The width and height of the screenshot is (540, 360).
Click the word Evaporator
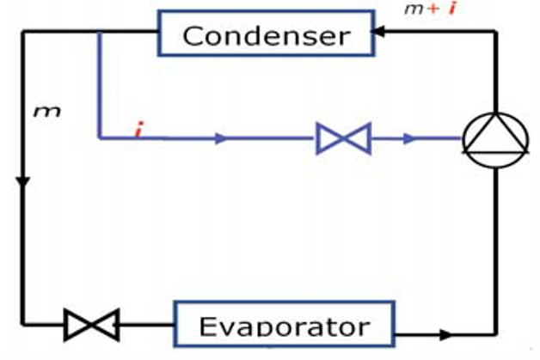284,326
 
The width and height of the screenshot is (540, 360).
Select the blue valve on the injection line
343,137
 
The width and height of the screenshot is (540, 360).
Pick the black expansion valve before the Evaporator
92,326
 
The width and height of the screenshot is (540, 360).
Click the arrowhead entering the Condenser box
379,32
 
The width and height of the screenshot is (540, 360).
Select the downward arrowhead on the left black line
23,182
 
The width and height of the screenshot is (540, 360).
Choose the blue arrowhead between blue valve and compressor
410,137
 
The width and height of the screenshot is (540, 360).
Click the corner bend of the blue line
100,137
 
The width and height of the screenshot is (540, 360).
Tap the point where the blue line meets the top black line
100,32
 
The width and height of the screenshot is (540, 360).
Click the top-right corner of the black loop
495,32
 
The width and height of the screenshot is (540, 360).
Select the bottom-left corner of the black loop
23,326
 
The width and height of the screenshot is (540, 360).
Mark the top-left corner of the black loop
23,32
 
